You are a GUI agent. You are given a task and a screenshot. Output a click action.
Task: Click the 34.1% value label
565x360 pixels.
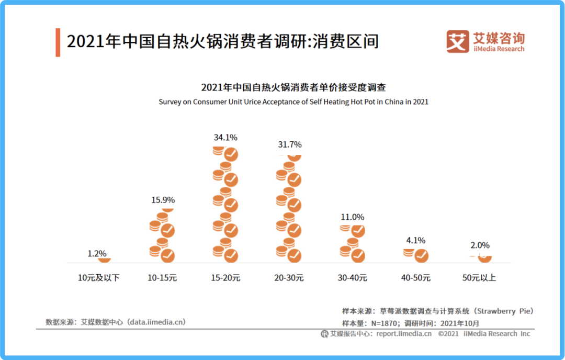(225, 138)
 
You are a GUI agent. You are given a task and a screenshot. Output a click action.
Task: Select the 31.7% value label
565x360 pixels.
(289, 144)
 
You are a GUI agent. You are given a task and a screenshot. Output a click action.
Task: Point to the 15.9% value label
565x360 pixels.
(163, 200)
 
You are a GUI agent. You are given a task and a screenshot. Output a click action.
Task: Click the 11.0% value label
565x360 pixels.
(352, 217)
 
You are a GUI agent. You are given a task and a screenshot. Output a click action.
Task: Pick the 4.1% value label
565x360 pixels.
(415, 241)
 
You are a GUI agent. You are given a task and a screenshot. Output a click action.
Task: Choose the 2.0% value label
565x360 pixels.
(480, 245)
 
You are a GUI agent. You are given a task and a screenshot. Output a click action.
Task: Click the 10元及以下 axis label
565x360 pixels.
(98, 278)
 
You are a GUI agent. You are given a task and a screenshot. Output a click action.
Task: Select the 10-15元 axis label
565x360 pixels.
(162, 278)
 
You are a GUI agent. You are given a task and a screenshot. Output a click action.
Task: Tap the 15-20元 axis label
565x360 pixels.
(225, 278)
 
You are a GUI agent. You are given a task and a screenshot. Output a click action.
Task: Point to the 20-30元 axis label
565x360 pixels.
(289, 278)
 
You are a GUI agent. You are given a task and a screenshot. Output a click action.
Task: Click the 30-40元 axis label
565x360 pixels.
(352, 278)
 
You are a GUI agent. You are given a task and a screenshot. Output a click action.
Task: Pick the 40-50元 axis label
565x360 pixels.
(416, 278)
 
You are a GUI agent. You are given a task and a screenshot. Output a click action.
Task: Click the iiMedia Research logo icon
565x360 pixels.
(457, 41)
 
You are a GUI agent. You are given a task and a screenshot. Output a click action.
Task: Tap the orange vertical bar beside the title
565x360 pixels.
(58, 42)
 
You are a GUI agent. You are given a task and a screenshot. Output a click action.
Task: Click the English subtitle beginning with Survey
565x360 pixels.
(293, 102)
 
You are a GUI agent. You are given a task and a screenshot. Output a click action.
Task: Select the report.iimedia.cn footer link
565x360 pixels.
(404, 334)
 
